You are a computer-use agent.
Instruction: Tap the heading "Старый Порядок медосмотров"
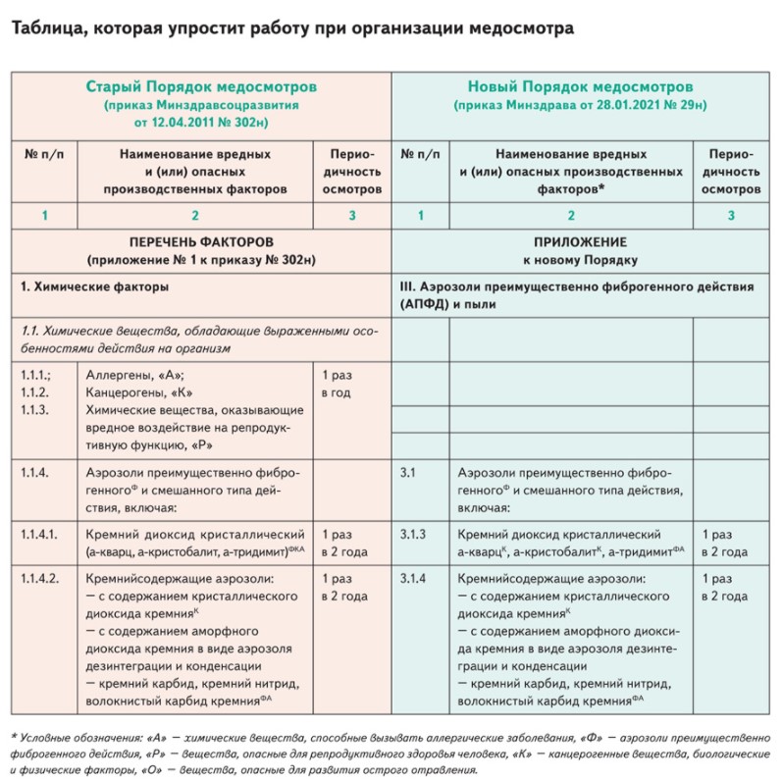coord(200,86)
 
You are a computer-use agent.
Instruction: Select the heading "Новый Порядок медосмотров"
coord(582,86)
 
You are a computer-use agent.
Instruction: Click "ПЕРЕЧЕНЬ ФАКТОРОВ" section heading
coord(201,241)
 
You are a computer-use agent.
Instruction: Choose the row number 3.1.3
coord(417,535)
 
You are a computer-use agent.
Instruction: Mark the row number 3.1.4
coord(417,579)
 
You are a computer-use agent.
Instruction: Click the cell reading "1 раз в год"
coord(343,383)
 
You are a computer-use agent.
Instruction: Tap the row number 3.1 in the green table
coord(409,473)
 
